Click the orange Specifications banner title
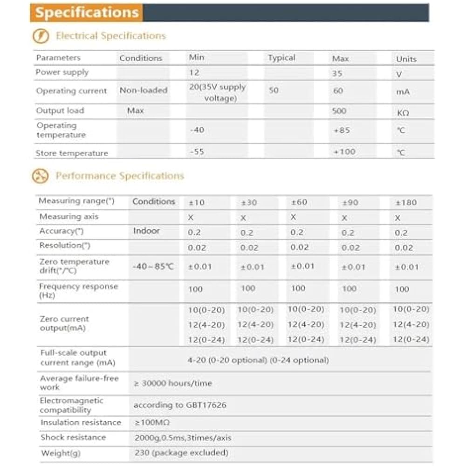87,13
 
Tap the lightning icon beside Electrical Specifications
41,36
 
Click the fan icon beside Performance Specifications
40,176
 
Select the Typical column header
281,58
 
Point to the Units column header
406,59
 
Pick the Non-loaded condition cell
144,90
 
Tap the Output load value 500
339,111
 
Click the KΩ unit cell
403,112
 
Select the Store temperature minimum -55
197,152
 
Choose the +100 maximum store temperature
344,151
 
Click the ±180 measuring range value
406,203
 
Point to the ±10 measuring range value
197,203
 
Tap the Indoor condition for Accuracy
146,231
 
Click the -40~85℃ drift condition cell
153,267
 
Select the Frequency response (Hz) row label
78,291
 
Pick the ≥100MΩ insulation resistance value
152,422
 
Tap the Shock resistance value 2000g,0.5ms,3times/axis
182,438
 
